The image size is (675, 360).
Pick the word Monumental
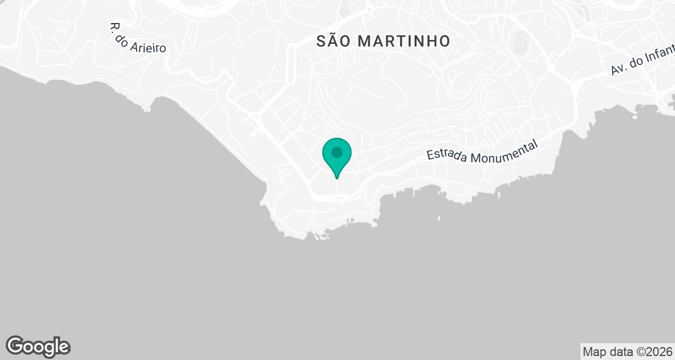tap(504, 150)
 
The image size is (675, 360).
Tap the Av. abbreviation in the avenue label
tap(619, 70)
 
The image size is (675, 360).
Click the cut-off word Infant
tap(660, 55)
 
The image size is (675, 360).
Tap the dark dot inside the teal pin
tap(337, 152)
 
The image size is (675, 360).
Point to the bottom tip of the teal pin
tap(337, 178)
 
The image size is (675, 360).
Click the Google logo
tap(38, 346)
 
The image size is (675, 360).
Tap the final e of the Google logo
tap(64, 347)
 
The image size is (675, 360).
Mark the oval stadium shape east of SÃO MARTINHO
tap(521, 40)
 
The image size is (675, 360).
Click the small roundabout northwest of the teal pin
tap(255, 118)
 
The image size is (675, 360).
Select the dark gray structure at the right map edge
tap(670, 103)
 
